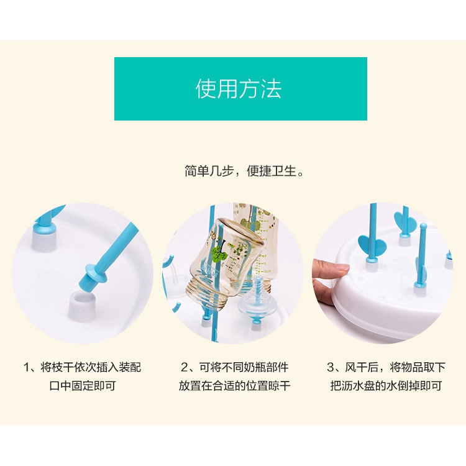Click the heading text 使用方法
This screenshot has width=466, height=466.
tap(239, 89)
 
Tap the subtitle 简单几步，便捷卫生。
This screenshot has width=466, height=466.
tap(244, 171)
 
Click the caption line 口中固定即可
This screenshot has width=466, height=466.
tap(82, 386)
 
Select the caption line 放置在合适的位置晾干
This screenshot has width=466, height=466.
tap(234, 386)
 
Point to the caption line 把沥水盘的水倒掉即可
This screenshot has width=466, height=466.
tap(386, 386)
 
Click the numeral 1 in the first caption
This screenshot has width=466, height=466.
tap(27, 368)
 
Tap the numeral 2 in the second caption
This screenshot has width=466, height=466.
tap(185, 368)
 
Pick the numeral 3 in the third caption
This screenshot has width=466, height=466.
tap(331, 368)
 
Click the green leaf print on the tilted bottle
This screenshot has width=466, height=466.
tap(219, 254)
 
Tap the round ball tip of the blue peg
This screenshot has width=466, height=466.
tap(423, 226)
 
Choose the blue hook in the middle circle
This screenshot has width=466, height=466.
tap(168, 260)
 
